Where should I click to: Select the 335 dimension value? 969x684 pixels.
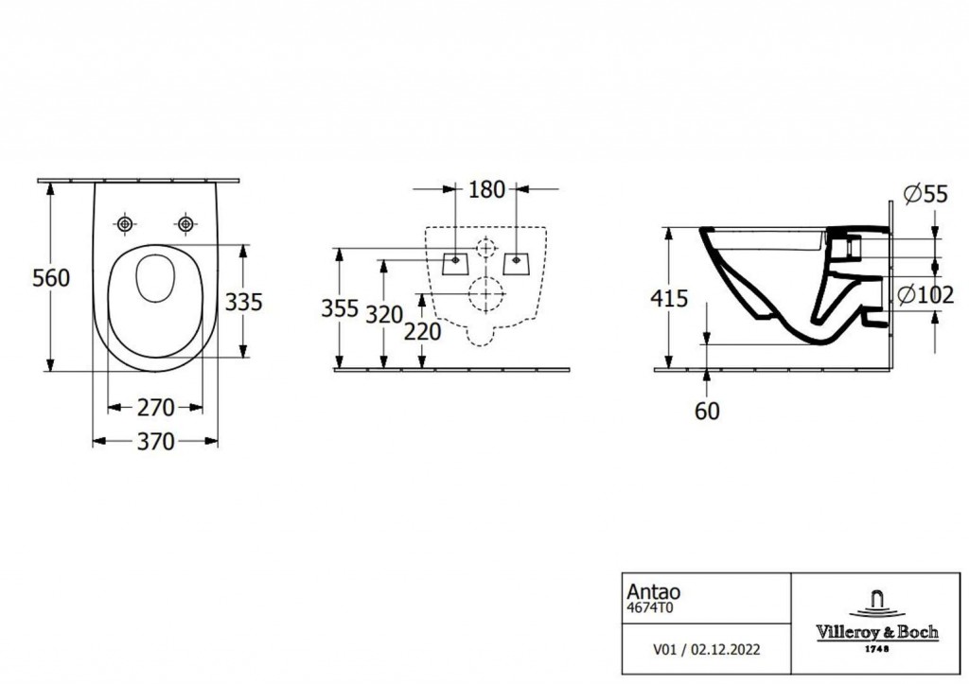click(242, 301)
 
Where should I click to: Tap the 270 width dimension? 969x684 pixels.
click(155, 408)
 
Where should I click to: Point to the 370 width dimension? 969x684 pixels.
click(155, 441)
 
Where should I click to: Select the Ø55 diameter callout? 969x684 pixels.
click(925, 194)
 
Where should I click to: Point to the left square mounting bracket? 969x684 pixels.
click(455, 259)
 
